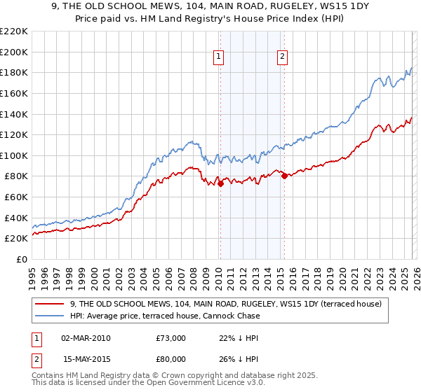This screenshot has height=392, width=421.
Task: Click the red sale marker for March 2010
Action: tap(220, 184)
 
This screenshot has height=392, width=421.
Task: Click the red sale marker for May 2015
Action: tap(284, 176)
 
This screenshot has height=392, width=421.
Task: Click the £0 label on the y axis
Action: tap(22, 259)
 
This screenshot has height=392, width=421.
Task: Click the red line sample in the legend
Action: tap(50, 304)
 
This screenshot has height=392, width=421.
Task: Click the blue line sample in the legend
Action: tap(50, 316)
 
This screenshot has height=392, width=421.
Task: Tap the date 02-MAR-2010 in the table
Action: tap(86, 338)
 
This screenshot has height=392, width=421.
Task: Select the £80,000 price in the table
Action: tap(171, 359)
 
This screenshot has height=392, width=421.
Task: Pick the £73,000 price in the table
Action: tap(171, 338)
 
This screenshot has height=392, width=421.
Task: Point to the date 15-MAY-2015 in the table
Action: tap(86, 359)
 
